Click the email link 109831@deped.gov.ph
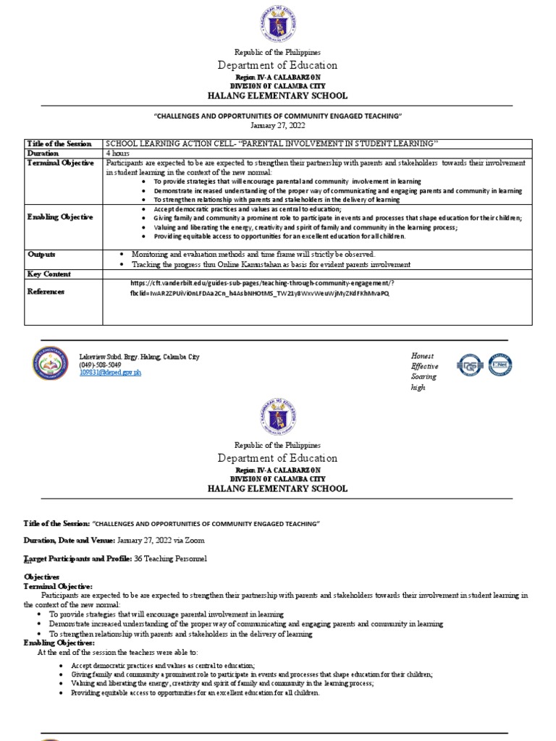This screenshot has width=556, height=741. click(110, 372)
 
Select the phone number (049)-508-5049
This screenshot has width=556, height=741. click(100, 365)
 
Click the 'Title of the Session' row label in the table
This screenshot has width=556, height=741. click(59, 144)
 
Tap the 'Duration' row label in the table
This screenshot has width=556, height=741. click(44, 153)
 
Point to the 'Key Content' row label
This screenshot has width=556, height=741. click(49, 274)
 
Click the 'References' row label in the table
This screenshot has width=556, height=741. click(46, 292)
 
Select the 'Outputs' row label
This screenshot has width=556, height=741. click(41, 255)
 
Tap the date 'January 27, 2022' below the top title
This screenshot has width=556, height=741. click(279, 125)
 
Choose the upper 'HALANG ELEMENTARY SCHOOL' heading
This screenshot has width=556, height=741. click(279, 96)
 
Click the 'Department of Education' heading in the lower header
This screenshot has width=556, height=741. click(279, 458)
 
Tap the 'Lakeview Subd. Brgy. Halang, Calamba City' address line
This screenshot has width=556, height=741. click(139, 357)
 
